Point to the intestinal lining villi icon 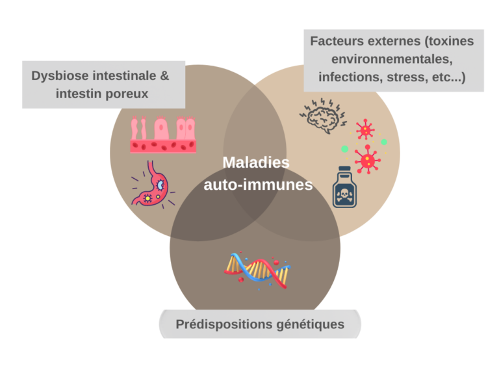[x=162, y=135]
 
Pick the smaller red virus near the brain [x=365, y=129]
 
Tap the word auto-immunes [x=258, y=185]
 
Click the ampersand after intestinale [x=164, y=75]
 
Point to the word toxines [x=450, y=41]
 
